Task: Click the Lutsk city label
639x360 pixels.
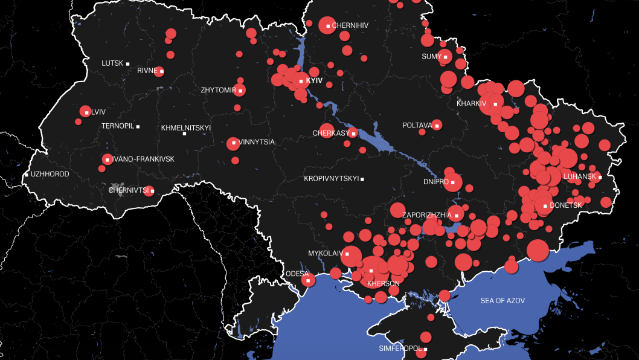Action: tap(112, 63)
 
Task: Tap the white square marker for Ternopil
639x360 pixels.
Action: tap(138, 126)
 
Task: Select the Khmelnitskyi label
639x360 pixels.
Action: tap(185, 128)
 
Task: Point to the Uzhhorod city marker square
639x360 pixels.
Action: tap(27, 175)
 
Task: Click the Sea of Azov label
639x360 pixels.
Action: tap(503, 301)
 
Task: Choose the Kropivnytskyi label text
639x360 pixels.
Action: tap(331, 179)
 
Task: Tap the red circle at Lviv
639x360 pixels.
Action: tap(85, 112)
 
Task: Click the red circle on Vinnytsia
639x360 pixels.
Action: tap(233, 144)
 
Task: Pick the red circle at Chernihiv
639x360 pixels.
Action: tap(327, 25)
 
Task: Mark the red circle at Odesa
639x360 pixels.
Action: tap(308, 280)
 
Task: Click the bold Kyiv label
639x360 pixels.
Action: tap(315, 80)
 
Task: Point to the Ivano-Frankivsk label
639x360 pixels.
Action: tap(143, 159)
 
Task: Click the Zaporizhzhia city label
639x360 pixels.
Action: tap(426, 215)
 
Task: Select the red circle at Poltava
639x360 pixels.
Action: tap(436, 125)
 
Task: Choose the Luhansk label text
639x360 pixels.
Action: tap(580, 176)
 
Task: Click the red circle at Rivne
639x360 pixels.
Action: tap(159, 71)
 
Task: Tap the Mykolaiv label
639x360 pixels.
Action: tap(325, 254)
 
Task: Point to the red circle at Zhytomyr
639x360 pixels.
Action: tap(240, 91)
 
